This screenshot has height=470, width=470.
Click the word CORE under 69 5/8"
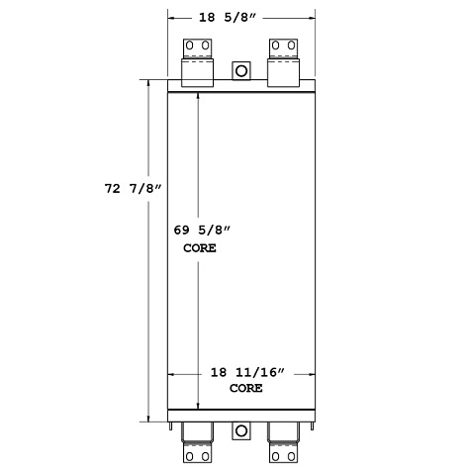pos(199,248)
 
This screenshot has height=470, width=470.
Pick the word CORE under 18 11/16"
pos(245,389)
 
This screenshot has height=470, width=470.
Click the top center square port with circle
pos(240,71)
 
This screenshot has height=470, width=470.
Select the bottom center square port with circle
pos(240,431)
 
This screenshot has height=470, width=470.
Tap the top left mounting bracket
pos(197,59)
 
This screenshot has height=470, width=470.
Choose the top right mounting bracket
pos(284,59)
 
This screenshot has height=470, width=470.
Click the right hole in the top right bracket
pos(292,47)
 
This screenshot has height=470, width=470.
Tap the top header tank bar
pos(240,86)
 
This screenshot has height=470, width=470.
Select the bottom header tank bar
pos(240,415)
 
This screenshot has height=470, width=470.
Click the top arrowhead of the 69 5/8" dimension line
pos(199,98)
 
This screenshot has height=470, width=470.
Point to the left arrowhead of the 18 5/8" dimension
pos(171,17)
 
